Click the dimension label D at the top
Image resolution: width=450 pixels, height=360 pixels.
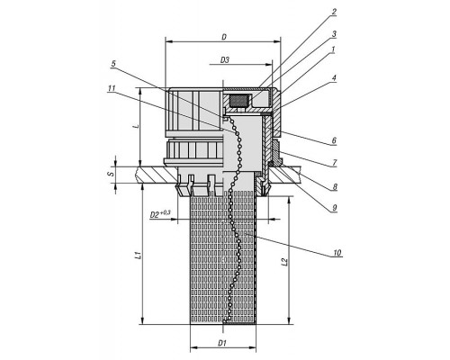click(224, 37)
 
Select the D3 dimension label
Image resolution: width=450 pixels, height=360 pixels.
click(225, 60)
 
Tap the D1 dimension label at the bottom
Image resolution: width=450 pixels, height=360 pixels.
click(222, 343)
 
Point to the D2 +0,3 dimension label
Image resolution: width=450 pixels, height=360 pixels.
click(160, 214)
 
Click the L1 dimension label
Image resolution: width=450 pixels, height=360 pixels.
click(138, 256)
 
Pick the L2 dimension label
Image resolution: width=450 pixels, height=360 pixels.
click(284, 262)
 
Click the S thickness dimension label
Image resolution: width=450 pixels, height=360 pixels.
click(112, 174)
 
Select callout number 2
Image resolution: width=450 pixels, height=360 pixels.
click(334, 12)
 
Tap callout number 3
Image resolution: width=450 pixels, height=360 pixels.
click(334, 34)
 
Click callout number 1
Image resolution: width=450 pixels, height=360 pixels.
click(333, 49)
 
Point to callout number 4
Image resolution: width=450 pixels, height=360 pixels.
click(334, 78)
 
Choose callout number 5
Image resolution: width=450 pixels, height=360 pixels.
click(113, 64)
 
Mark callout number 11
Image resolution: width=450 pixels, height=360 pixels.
click(112, 88)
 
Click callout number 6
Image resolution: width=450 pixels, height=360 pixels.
click(334, 140)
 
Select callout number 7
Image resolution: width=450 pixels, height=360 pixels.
click(334, 163)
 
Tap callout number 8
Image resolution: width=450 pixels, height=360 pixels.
click(335, 187)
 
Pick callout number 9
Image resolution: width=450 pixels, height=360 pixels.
click(334, 208)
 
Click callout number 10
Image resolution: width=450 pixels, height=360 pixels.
click(337, 253)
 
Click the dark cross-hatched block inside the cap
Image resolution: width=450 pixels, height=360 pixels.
click(238, 100)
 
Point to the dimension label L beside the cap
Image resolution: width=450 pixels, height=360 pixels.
click(137, 126)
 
